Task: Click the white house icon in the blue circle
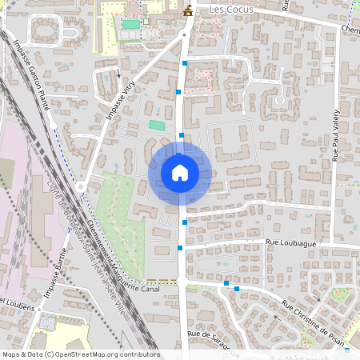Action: click(x=180, y=172)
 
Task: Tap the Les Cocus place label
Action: click(x=230, y=10)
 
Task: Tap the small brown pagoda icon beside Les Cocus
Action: click(x=189, y=10)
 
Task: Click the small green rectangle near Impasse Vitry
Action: click(x=157, y=125)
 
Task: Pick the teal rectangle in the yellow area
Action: click(x=130, y=25)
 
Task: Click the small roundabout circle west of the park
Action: click(x=81, y=187)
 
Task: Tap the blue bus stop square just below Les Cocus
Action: click(x=186, y=62)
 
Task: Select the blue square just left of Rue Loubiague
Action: click(x=180, y=249)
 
